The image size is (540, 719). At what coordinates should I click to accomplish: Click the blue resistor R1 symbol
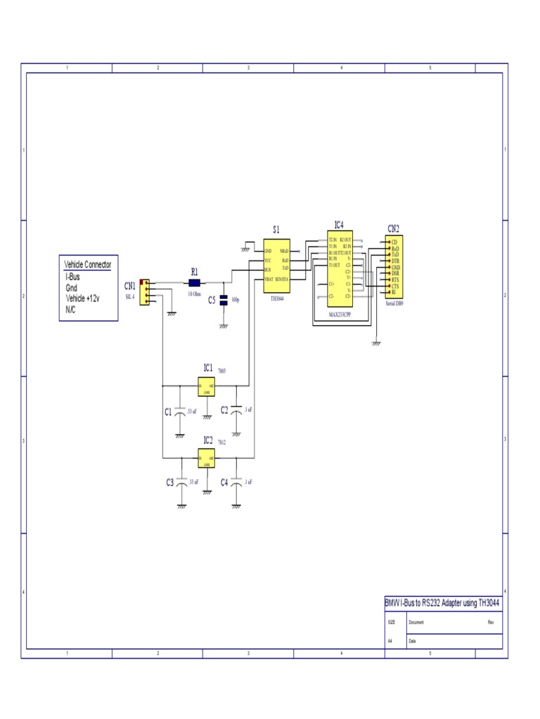195,283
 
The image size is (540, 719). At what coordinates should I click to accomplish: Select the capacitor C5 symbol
224,300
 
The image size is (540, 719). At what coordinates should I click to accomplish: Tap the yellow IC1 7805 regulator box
207,385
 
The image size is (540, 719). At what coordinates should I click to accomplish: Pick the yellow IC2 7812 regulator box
207,459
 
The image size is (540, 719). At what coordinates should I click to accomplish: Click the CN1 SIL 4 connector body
145,291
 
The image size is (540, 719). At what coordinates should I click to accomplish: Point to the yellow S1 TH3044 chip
276,265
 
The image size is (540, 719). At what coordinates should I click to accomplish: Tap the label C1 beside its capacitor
168,412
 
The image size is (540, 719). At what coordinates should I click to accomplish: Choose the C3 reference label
170,482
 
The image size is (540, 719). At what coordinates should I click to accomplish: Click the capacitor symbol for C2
237,411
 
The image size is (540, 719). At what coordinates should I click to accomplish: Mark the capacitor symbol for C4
237,482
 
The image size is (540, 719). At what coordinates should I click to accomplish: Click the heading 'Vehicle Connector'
88,265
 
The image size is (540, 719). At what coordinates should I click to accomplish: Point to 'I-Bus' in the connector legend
72,277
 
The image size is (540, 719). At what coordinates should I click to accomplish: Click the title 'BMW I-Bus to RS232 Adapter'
443,604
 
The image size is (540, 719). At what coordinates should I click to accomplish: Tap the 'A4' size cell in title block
390,641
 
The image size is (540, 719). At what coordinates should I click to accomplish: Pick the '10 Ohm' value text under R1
195,293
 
